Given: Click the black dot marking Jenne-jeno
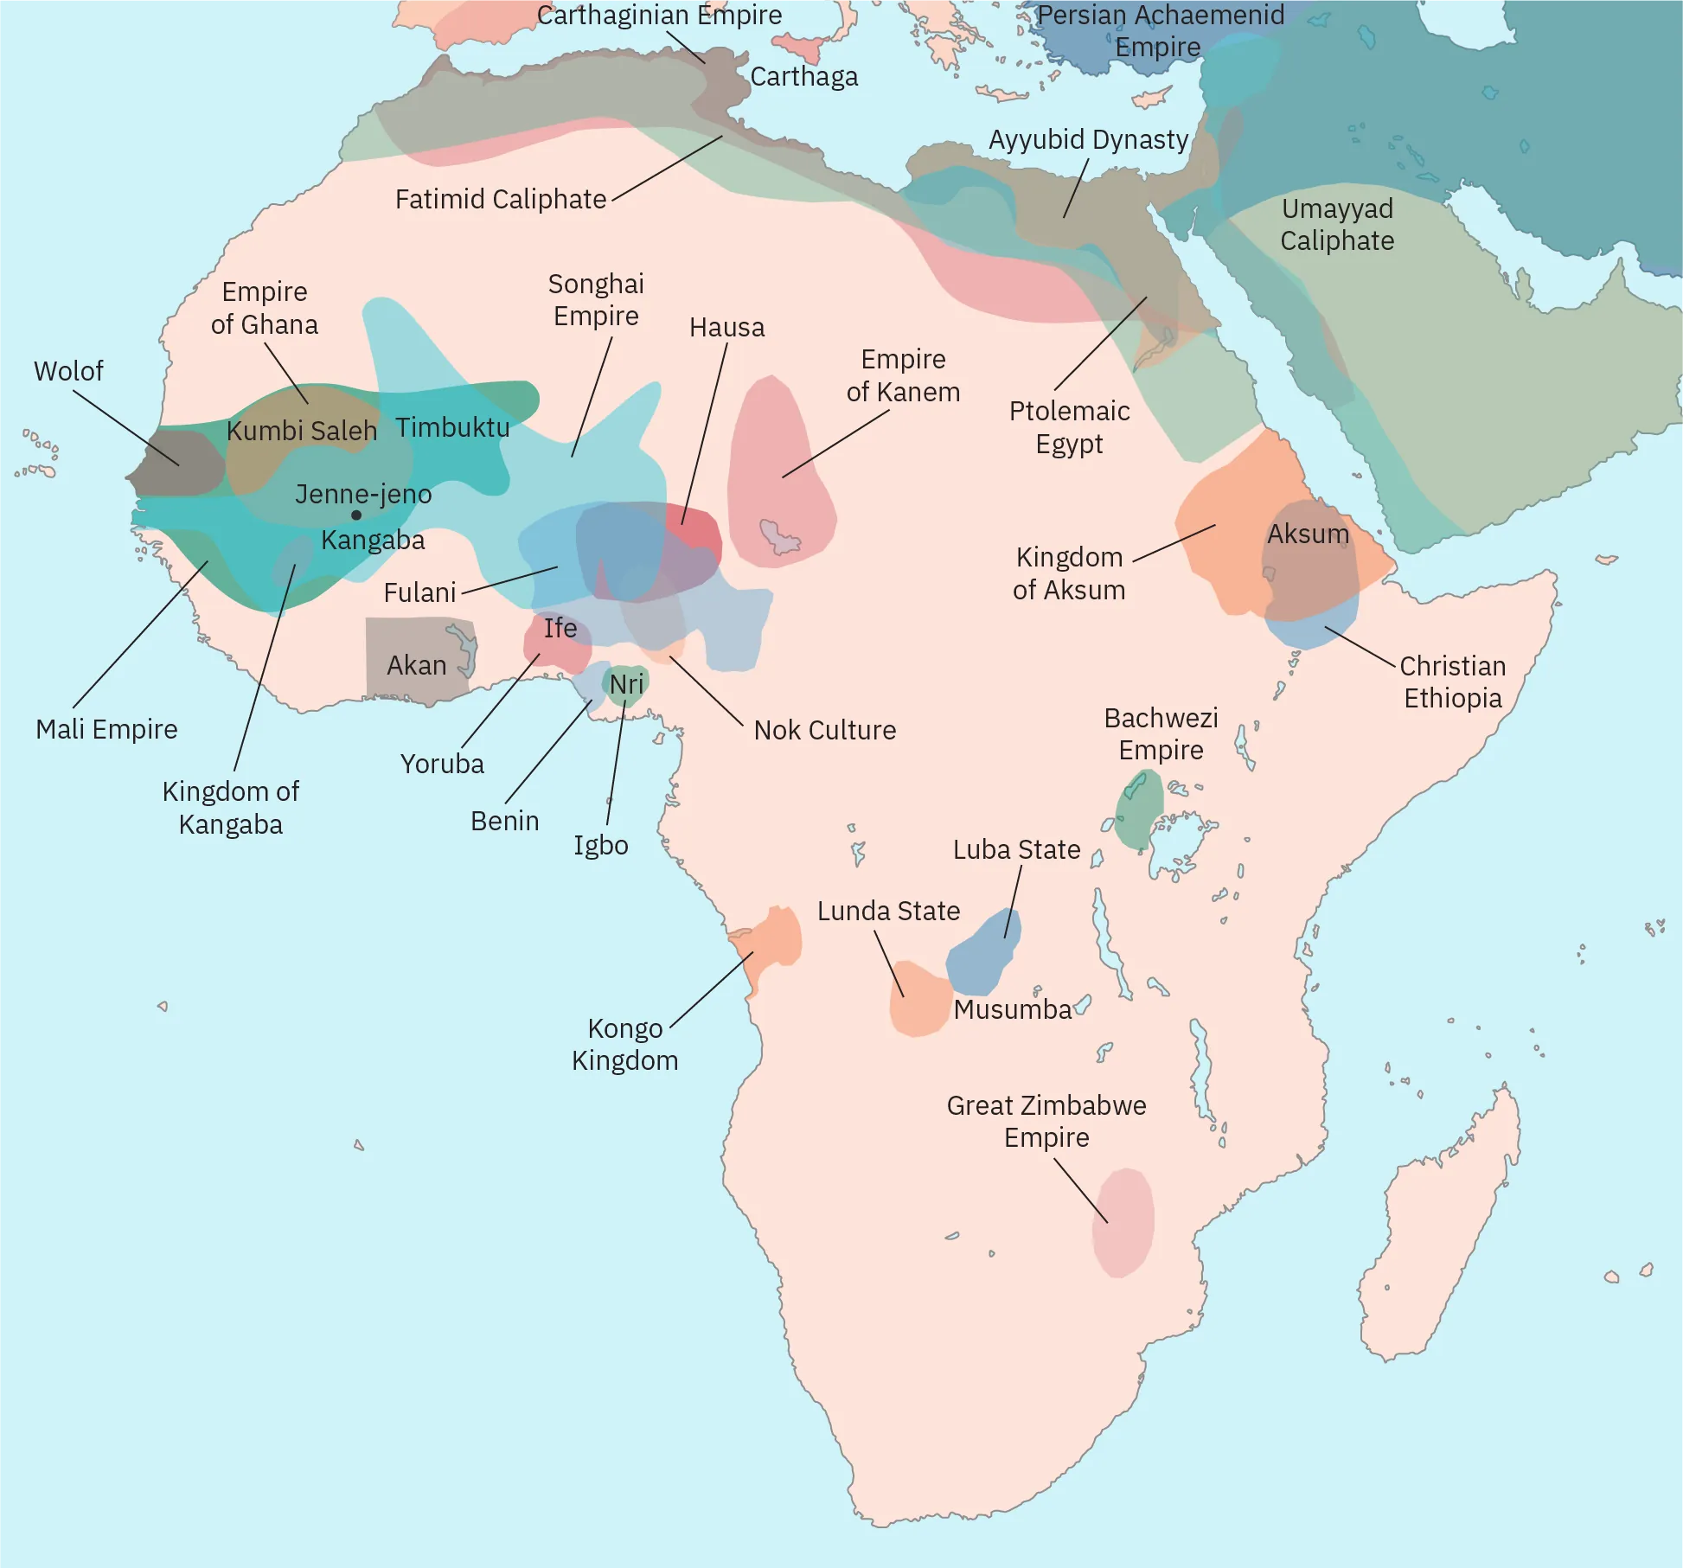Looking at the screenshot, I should (356, 515).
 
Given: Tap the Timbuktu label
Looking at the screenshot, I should (452, 427).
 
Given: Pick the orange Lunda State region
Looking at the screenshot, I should (919, 1000).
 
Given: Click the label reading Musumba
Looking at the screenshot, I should (1013, 1009).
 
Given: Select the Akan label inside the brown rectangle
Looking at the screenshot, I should (417, 665).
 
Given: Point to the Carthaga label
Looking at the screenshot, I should (803, 77).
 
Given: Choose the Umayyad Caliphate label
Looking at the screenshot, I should (1337, 225).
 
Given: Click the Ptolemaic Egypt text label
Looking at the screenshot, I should (1069, 427).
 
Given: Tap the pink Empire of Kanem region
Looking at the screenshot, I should (778, 476).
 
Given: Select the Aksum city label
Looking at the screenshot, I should (1308, 534).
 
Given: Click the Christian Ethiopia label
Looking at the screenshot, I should (1452, 682).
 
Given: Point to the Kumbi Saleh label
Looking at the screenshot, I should (302, 431).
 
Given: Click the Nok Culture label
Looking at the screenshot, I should (824, 730).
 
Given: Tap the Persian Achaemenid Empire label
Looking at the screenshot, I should (1160, 30).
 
